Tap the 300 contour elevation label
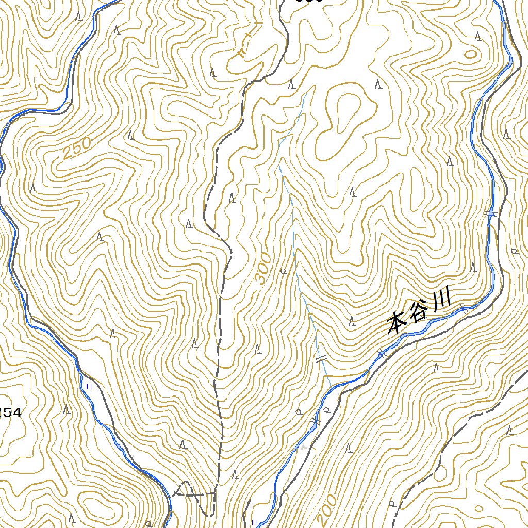(263, 269)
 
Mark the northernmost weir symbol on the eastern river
(490, 212)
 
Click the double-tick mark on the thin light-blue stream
(321, 359)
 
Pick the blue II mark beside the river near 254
(89, 386)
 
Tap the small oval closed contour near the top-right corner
(470, 54)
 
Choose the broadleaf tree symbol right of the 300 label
(283, 271)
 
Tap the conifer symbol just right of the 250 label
(131, 137)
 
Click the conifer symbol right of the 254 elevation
(67, 410)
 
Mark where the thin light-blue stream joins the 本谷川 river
(331, 387)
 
